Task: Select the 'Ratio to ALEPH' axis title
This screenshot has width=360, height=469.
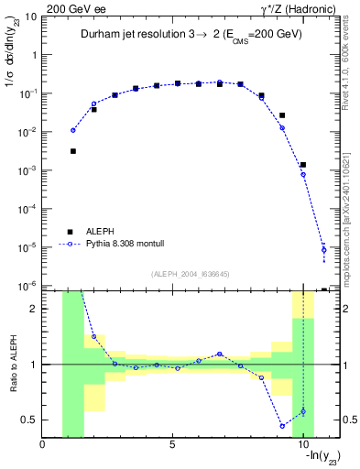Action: (x=12, y=365)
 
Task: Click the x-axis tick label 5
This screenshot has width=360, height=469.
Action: (x=172, y=446)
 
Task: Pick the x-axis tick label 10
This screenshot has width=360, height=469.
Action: (x=302, y=446)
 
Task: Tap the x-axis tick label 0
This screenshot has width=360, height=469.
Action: (x=43, y=446)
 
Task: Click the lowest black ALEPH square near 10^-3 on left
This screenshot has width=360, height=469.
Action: (x=73, y=151)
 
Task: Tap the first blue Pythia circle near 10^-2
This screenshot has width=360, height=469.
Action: (x=73, y=130)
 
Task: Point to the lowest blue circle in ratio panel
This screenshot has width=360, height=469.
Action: (x=282, y=426)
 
